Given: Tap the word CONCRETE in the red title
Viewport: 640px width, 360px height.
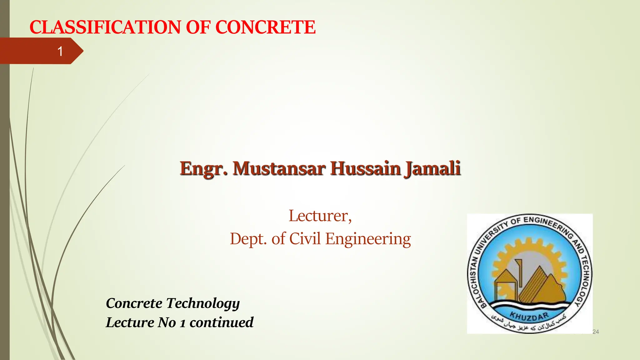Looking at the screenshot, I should tap(265, 27).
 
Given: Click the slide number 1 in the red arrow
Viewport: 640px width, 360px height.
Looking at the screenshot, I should tap(60, 51).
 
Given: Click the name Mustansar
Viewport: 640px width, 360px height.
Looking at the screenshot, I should tap(279, 169).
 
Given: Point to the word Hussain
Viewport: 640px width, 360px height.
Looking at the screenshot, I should tap(365, 169).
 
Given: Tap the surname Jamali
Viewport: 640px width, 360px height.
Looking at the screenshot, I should tap(432, 169).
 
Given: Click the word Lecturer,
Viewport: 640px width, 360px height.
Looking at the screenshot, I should tap(320, 216).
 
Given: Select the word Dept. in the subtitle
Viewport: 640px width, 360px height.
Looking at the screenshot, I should tap(248, 239).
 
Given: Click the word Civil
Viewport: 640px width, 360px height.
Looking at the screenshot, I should tap(305, 239).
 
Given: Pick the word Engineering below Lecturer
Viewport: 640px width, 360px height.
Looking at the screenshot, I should tap(368, 239).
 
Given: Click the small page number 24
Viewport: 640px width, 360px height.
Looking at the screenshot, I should tap(596, 332).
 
